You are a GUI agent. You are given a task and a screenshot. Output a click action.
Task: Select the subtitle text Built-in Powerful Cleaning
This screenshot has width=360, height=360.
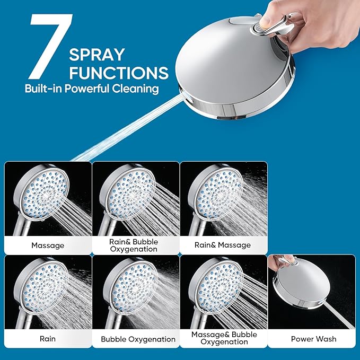click(x=92, y=89)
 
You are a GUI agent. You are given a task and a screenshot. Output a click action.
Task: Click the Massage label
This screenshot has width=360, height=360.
click(x=48, y=245)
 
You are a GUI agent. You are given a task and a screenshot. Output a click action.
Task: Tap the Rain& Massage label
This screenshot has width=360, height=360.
click(x=223, y=245)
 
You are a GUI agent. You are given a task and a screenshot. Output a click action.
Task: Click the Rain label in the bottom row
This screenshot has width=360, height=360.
click(x=48, y=339)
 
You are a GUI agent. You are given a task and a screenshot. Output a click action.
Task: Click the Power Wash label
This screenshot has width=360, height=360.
click(x=313, y=339)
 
